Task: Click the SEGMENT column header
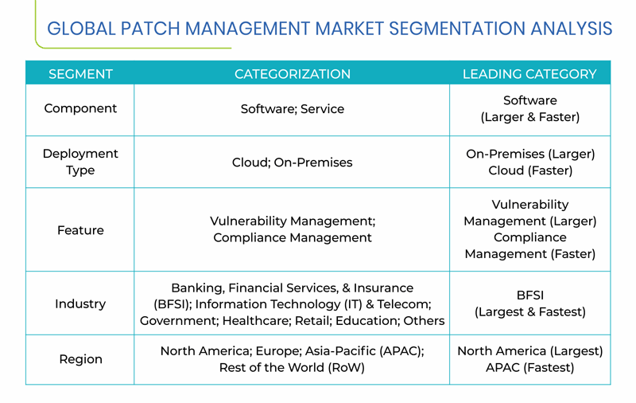tap(80, 74)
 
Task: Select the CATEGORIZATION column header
tap(292, 74)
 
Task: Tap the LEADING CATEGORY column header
tap(529, 74)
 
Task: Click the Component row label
tap(80, 108)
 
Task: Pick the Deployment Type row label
tap(80, 162)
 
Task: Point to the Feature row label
tap(80, 230)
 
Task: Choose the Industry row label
tap(80, 304)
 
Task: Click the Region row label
tap(80, 359)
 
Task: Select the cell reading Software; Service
tap(292, 109)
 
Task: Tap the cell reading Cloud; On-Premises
tap(292, 162)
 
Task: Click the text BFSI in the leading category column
tap(529, 295)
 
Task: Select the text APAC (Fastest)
tap(529, 368)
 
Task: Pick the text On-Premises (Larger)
tap(530, 154)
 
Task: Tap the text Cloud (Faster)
tap(530, 170)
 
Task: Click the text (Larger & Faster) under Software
tap(529, 117)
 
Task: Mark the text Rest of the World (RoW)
tap(292, 368)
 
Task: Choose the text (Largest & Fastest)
tap(529, 312)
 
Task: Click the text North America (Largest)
tap(529, 351)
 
